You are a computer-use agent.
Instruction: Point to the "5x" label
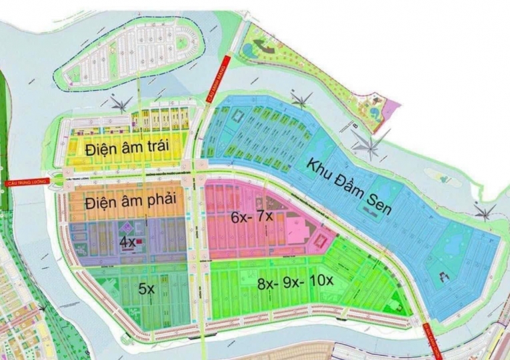(x=146, y=289)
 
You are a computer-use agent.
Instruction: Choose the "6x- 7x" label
(x=252, y=217)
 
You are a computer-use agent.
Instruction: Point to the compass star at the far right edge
(x=485, y=213)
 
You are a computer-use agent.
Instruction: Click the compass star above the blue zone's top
(x=303, y=101)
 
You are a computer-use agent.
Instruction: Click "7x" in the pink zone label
(x=265, y=217)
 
